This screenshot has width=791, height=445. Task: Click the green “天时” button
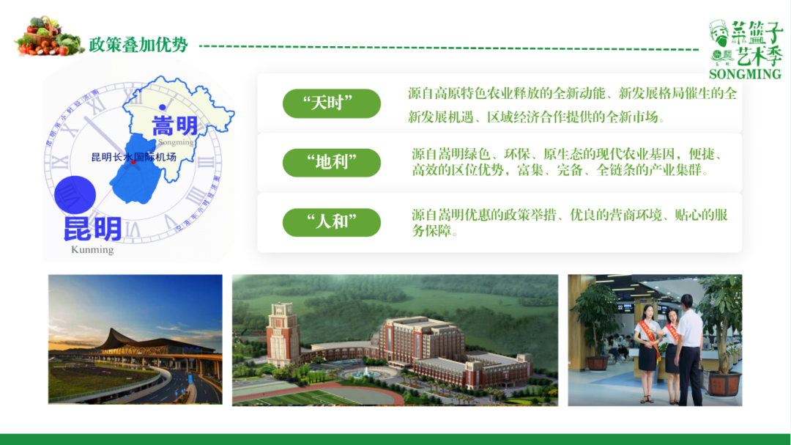tap(331, 103)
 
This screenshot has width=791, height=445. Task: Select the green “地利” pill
tap(331, 163)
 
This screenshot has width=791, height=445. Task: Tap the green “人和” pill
tap(331, 222)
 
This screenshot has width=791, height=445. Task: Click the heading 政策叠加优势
tap(138, 45)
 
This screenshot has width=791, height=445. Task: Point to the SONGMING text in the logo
tap(745, 74)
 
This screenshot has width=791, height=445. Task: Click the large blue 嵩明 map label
tap(174, 125)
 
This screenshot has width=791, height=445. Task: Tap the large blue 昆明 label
tap(92, 229)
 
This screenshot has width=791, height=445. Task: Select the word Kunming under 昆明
tap(92, 250)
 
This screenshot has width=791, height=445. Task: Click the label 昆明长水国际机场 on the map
tap(134, 157)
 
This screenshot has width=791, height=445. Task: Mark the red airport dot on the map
tap(133, 163)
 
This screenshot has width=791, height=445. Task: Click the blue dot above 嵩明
tap(162, 108)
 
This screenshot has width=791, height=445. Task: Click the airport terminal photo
tap(135, 339)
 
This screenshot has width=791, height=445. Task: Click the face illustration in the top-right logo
tap(720, 34)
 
